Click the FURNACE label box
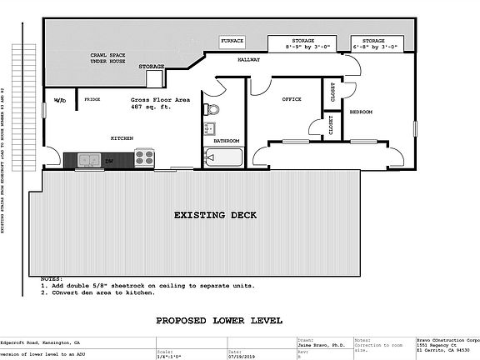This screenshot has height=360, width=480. pyautogui.click(x=231, y=41)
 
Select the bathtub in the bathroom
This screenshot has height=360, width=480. pyautogui.click(x=222, y=156)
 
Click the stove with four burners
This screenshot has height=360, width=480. pyautogui.click(x=144, y=156)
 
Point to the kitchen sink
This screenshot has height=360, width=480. pyautogui.click(x=86, y=158)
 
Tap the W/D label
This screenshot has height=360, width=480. pyautogui.click(x=60, y=100)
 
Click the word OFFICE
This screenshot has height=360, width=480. pyautogui.click(x=291, y=99)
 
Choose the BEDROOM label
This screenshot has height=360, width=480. pyautogui.click(x=360, y=111)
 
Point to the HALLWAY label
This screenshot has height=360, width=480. pyautogui.click(x=248, y=60)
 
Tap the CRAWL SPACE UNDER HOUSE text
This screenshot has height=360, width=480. pyautogui.click(x=108, y=58)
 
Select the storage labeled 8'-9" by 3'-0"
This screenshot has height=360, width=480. pyautogui.click(x=302, y=44)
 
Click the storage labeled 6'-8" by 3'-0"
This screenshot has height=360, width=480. pyautogui.click(x=373, y=44)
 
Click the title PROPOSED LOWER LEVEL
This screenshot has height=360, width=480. pyautogui.click(x=219, y=320)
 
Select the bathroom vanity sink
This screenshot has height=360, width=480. pyautogui.click(x=208, y=129)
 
